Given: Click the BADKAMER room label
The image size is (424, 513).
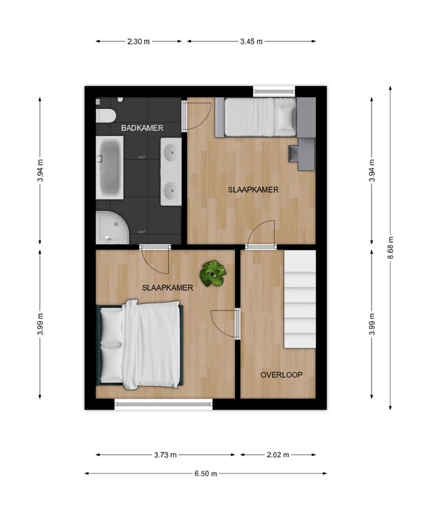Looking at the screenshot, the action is (142, 128).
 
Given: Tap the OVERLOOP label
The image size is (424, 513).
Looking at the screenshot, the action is (281, 375).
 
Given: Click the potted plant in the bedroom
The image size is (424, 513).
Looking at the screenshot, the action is (213, 273).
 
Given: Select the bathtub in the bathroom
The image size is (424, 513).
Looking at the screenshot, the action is (109, 168).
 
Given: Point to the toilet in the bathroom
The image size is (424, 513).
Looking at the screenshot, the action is (106, 116).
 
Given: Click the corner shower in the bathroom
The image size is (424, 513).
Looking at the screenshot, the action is (112, 227).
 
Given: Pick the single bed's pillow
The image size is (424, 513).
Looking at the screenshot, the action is (285, 117).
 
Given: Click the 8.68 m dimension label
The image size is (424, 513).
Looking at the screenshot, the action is (390, 247).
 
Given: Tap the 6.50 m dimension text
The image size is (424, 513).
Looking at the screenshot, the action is (206, 473).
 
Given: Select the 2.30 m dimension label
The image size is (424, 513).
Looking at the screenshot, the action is (139, 42).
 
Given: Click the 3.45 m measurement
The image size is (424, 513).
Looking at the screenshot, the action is (251, 42).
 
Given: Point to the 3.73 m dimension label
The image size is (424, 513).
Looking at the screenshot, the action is (165, 455).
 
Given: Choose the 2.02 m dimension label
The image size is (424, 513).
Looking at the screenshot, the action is (278, 455).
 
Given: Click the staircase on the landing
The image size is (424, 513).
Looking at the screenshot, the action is (300, 299).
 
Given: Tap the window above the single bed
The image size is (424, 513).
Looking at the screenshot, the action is (274, 91).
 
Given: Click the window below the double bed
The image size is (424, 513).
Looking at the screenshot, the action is (164, 405).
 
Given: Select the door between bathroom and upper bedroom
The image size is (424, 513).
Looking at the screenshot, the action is (185, 116).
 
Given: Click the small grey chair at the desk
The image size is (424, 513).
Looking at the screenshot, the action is (293, 153).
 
